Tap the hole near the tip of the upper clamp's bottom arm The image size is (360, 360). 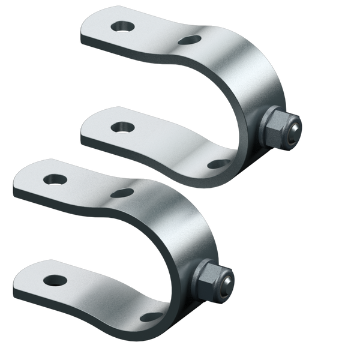[x=124, y=126]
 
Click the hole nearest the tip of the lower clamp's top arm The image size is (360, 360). [x=56, y=178]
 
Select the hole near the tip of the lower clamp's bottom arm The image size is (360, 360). [x=53, y=279]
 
